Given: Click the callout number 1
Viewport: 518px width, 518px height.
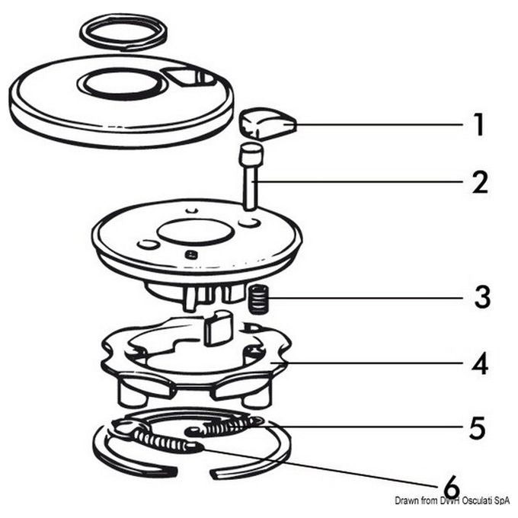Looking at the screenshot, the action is click(x=478, y=124).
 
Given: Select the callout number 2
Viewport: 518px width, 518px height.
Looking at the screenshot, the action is click(x=480, y=182).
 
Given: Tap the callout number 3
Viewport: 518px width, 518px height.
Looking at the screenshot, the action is click(x=482, y=297).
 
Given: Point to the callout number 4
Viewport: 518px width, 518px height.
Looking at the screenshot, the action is click(x=480, y=363).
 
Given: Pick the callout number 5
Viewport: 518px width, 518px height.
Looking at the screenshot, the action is click(x=478, y=427).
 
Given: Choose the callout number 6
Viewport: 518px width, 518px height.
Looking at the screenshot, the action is click(x=452, y=487).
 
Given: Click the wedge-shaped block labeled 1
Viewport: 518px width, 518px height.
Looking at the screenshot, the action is click(x=267, y=124).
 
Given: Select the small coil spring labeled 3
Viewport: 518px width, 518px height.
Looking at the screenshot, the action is click(x=258, y=299).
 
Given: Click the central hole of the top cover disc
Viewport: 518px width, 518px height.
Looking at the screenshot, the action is click(x=121, y=83).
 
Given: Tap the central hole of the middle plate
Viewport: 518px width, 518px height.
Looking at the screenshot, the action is click(x=196, y=232).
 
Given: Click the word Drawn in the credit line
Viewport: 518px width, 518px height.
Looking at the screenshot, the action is click(x=405, y=500).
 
